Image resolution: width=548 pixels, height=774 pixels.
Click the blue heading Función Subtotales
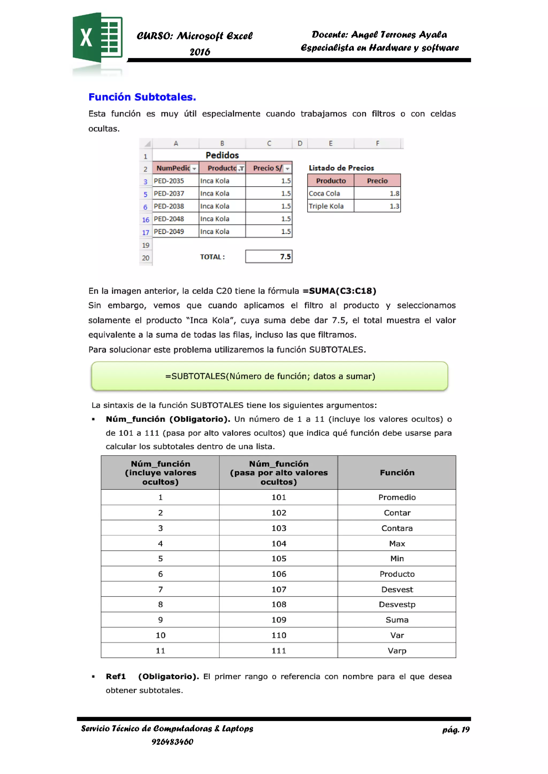tap(142, 97)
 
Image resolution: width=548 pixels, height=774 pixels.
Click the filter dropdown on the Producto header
tap(241, 168)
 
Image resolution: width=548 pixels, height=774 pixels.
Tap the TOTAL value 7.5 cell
tap(269, 257)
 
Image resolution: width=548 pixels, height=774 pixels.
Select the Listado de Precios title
tap(341, 168)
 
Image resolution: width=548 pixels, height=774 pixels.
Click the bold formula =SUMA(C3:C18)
tap(339, 291)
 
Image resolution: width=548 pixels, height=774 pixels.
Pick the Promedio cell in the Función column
tap(397, 497)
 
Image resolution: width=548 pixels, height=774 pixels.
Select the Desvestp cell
tap(397, 604)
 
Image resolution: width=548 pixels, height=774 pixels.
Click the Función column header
tap(397, 473)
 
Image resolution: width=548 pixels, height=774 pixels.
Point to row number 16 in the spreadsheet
tap(146, 220)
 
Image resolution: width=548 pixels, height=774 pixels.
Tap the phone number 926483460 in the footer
tap(172, 742)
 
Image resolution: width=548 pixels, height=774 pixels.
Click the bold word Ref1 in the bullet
tap(116, 677)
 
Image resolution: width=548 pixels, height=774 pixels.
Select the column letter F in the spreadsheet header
tap(377, 143)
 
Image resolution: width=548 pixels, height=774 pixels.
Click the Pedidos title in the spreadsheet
tap(222, 155)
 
